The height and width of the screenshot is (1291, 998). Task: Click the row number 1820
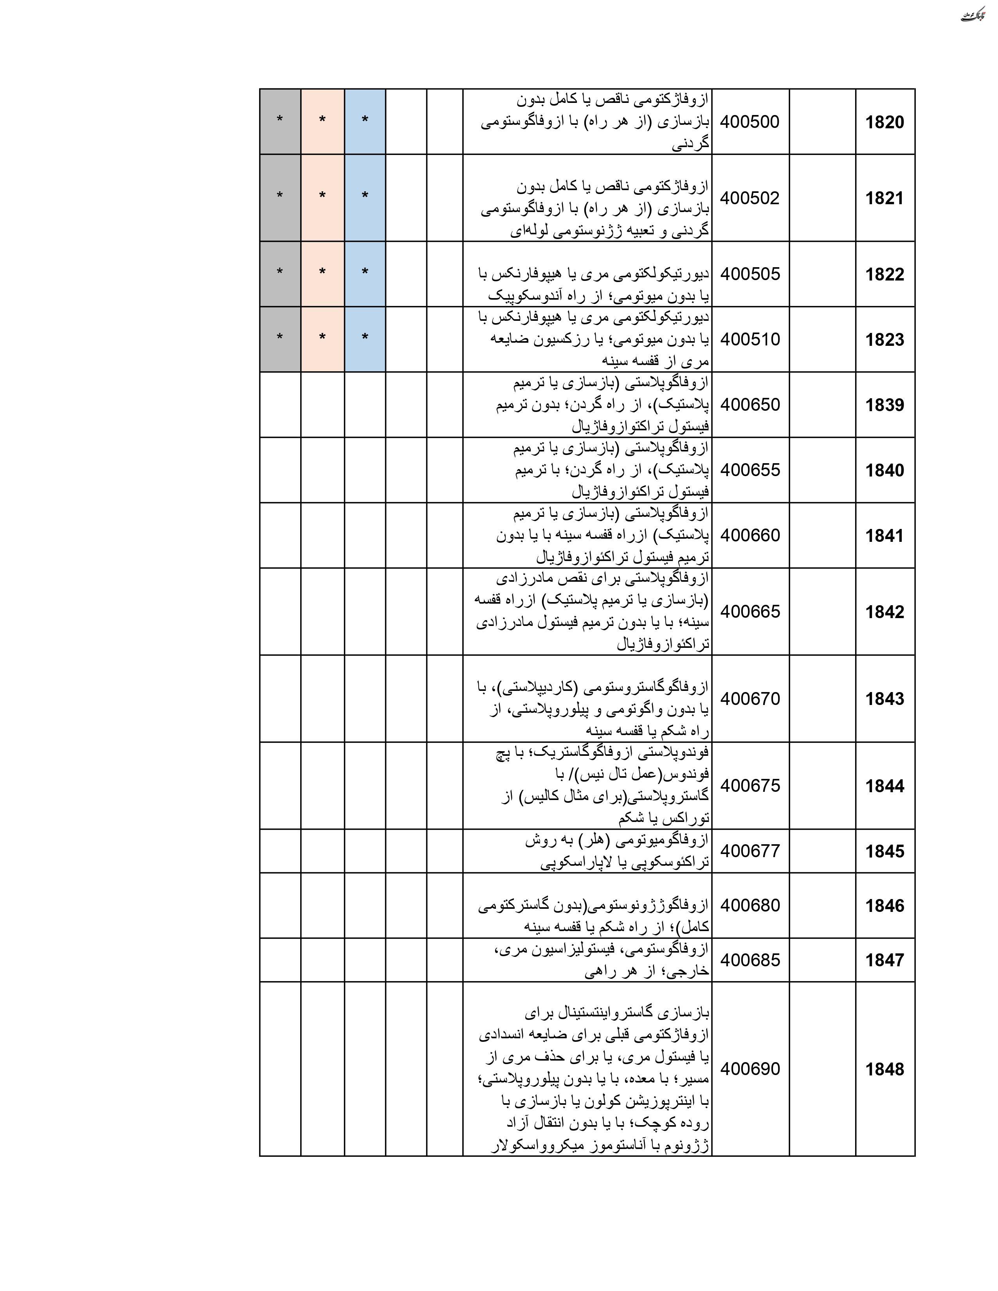pyautogui.click(x=885, y=122)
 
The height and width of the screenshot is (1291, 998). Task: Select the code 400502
pyautogui.click(x=750, y=198)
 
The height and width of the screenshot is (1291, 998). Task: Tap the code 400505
pyautogui.click(x=750, y=274)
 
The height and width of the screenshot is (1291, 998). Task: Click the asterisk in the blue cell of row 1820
pyautogui.click(x=365, y=120)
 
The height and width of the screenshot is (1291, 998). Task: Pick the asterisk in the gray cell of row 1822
pyautogui.click(x=280, y=273)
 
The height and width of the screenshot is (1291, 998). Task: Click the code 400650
pyautogui.click(x=750, y=405)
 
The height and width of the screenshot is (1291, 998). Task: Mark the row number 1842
pyautogui.click(x=885, y=612)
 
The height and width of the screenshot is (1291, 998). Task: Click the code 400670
pyautogui.click(x=750, y=699)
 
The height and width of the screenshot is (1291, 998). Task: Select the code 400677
pyautogui.click(x=750, y=851)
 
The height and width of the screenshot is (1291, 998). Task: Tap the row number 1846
pyautogui.click(x=885, y=906)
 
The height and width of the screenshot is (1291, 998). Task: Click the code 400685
pyautogui.click(x=750, y=960)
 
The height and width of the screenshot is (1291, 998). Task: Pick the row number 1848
pyautogui.click(x=885, y=1069)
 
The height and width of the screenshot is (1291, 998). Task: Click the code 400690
pyautogui.click(x=750, y=1069)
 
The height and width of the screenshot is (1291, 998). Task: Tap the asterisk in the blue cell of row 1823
pyautogui.click(x=365, y=338)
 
